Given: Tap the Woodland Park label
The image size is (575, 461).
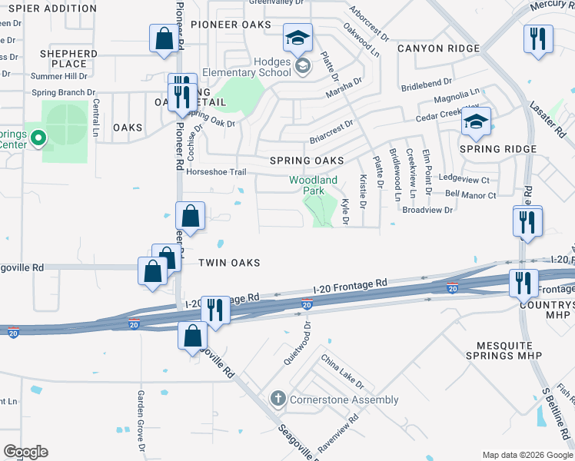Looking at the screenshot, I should [313, 185].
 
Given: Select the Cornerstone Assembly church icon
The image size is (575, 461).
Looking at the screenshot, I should [278, 399].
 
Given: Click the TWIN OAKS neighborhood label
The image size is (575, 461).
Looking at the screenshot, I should [229, 263].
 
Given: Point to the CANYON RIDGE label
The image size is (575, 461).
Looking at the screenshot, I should [438, 48].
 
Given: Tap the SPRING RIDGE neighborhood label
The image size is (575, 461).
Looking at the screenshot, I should [497, 149].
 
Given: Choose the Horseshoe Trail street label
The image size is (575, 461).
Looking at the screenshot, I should [216, 172].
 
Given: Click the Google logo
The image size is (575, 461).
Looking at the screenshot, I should [25, 452].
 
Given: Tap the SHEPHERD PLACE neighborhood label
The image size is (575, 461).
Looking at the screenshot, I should [69, 58].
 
